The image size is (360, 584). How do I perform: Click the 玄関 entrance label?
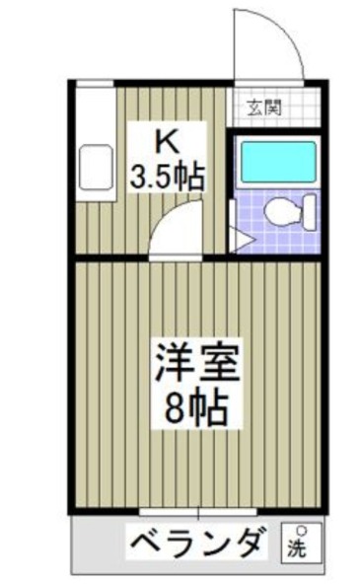261,106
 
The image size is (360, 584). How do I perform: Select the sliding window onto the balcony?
198,512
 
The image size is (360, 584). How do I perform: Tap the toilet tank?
310,210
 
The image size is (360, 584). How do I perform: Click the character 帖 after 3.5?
191,178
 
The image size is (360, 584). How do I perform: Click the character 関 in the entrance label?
270,106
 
